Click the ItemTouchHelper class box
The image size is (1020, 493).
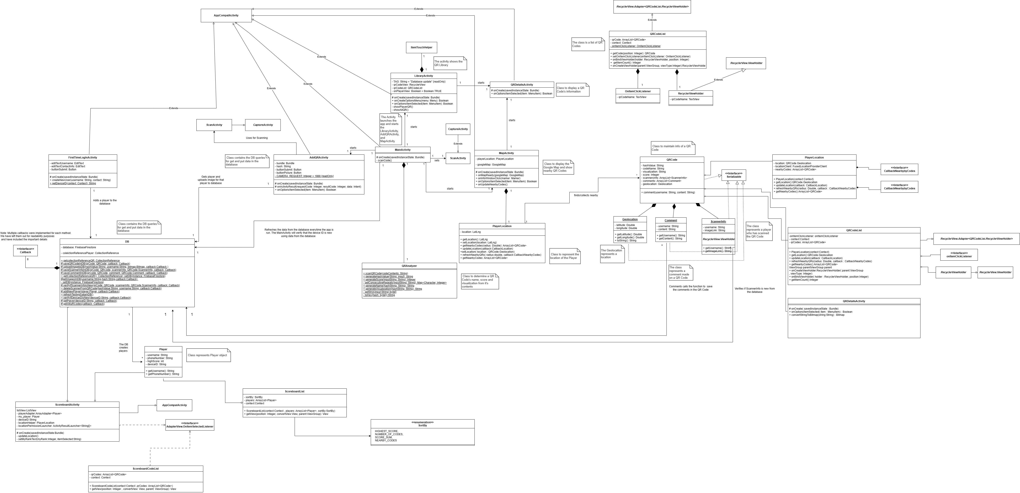421,47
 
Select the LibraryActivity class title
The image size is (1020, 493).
423,76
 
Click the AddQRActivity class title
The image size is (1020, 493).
318,158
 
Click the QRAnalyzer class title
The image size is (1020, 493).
409,266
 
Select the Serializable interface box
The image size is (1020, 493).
734,175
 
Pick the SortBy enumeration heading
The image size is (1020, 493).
422,424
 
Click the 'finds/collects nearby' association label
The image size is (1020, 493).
586,195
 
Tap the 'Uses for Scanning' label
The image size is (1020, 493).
257,138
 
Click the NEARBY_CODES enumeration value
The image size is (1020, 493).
386,440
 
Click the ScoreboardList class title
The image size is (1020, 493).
295,391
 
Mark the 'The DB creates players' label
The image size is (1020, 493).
124,348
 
